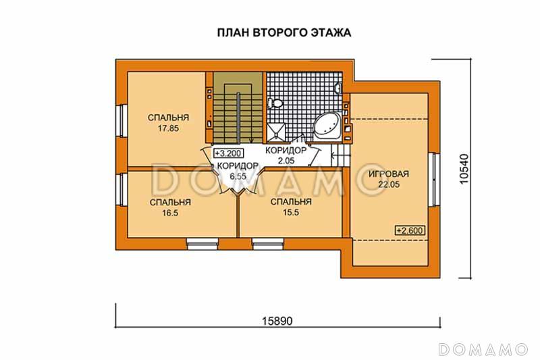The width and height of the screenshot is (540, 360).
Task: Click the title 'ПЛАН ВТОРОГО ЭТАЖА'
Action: [284, 32]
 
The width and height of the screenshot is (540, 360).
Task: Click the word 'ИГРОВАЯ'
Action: [389, 174]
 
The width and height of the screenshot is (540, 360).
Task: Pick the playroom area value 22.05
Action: [389, 184]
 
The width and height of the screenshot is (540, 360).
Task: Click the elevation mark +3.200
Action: [227, 153]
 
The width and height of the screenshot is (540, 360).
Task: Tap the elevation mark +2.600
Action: [410, 230]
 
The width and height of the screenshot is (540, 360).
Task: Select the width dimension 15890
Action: [277, 322]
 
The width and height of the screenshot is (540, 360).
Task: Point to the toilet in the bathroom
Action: [275, 103]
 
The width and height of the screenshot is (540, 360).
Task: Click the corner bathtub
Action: [328, 126]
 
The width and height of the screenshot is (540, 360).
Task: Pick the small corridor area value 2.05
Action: [286, 160]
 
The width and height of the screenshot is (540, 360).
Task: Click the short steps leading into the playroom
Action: [338, 158]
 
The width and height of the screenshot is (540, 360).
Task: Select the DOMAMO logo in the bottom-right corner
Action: [483, 349]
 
